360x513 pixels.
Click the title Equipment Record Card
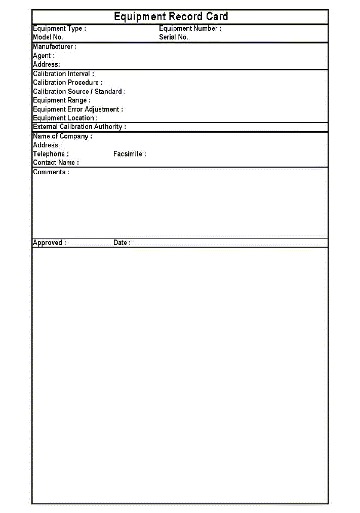[x=171, y=17]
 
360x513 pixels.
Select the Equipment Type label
[x=59, y=29]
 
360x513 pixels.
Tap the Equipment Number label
[x=190, y=29]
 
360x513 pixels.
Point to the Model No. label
[x=48, y=37]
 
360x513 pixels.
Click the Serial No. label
[x=174, y=37]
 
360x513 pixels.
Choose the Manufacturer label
[x=55, y=47]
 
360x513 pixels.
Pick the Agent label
[x=44, y=56]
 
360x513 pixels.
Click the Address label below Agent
[x=46, y=64]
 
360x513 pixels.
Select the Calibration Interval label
[x=63, y=74]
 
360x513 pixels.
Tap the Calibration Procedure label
[x=68, y=83]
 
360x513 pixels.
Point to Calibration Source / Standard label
[x=79, y=92]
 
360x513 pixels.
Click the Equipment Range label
[x=62, y=100]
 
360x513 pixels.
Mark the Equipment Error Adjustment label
[x=78, y=109]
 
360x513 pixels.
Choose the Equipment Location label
[x=65, y=118]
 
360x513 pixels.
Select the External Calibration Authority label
[x=79, y=127]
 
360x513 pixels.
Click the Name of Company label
[x=62, y=136]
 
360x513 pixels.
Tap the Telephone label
[x=51, y=154]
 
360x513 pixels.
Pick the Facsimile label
[x=130, y=154]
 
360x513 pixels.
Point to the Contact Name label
[x=56, y=163]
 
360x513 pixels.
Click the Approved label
[x=49, y=243]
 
